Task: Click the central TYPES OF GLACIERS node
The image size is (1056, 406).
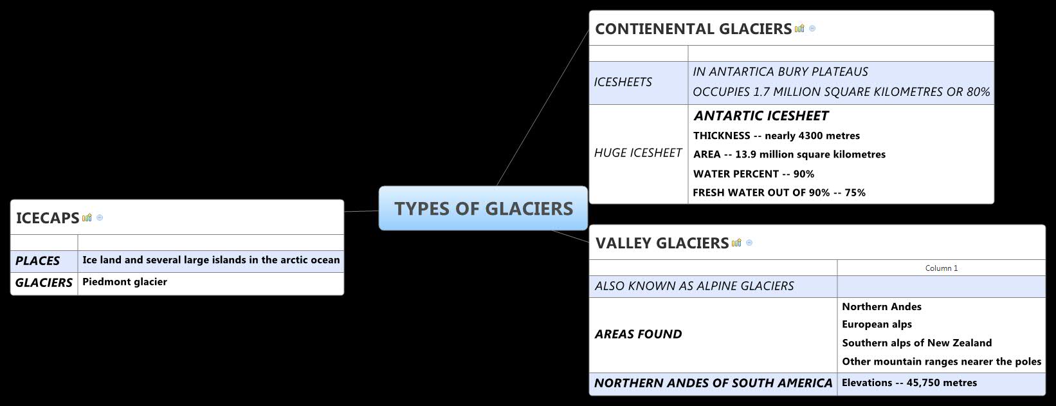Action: [483, 208]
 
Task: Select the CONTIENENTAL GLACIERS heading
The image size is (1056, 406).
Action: [693, 29]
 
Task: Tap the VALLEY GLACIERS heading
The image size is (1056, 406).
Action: [662, 243]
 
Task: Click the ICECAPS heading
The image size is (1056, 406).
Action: [47, 218]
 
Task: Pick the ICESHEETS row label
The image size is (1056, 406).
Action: [623, 82]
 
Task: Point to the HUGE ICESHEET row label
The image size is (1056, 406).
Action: [637, 153]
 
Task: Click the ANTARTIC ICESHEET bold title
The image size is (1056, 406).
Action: [761, 116]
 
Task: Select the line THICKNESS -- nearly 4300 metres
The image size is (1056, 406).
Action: [776, 136]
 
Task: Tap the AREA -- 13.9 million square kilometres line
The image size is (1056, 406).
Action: [789, 154]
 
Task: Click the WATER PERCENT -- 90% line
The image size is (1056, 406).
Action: [753, 174]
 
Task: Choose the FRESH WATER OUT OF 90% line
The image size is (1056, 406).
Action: [779, 192]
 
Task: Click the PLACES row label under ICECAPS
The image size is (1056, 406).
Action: [37, 261]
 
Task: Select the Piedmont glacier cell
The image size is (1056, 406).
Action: [125, 282]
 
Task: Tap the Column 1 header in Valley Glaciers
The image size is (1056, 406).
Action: [941, 268]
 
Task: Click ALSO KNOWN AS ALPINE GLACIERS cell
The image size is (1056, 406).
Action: [694, 286]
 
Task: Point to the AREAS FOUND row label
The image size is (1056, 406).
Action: [638, 335]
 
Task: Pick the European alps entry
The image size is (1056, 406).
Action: [877, 324]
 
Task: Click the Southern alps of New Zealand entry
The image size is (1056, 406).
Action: [916, 343]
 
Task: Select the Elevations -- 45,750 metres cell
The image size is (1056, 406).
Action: [909, 383]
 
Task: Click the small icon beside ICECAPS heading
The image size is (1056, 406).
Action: [87, 217]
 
